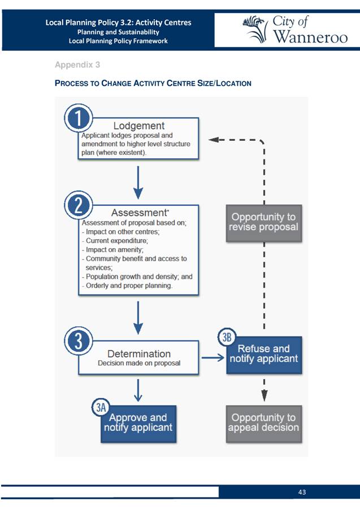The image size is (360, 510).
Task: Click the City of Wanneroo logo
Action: [295, 29]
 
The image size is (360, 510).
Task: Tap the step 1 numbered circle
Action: [79, 118]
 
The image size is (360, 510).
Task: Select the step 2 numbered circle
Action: [79, 205]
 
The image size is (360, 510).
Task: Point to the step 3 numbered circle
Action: [79, 341]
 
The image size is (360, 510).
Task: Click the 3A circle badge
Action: [101, 407]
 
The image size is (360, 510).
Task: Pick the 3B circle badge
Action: [227, 337]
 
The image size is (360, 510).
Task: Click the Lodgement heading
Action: [139, 126]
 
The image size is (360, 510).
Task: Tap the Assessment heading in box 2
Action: [139, 213]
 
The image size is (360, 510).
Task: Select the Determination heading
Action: [139, 353]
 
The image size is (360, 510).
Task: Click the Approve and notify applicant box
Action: [138, 424]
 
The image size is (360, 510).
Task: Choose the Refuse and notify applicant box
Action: [264, 355]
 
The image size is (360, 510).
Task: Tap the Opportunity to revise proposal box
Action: [264, 223]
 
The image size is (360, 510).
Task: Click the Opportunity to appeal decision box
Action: [264, 424]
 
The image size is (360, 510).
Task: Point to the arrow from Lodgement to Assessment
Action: [138, 183]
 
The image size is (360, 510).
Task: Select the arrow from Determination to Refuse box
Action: [213, 358]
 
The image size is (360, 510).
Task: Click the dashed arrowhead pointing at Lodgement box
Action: [213, 140]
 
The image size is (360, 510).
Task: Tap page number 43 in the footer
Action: [302, 492]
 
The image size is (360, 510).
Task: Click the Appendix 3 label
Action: [77, 64]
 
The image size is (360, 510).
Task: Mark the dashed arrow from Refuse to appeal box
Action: [264, 390]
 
